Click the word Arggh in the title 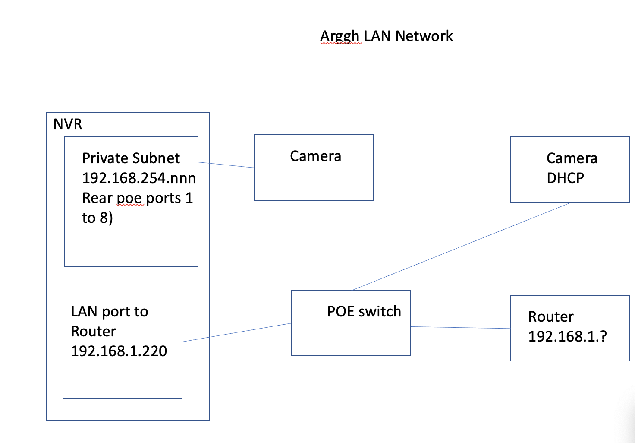pos(340,36)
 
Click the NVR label pos(68,124)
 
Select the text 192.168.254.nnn pos(139,178)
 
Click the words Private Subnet pos(131,158)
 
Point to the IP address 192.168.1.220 pos(119,351)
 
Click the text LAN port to pos(110,311)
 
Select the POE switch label pos(364,311)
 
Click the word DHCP pos(565,178)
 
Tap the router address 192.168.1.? pos(567,336)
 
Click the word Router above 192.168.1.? pos(551,316)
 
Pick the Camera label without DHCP pos(315,156)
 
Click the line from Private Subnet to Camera pos(226,165)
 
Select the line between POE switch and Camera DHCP pos(462,246)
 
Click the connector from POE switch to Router pos(461,328)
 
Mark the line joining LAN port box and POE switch pos(236,332)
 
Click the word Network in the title pos(424,36)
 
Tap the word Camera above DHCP pos(572,158)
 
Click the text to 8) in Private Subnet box pos(97,218)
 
